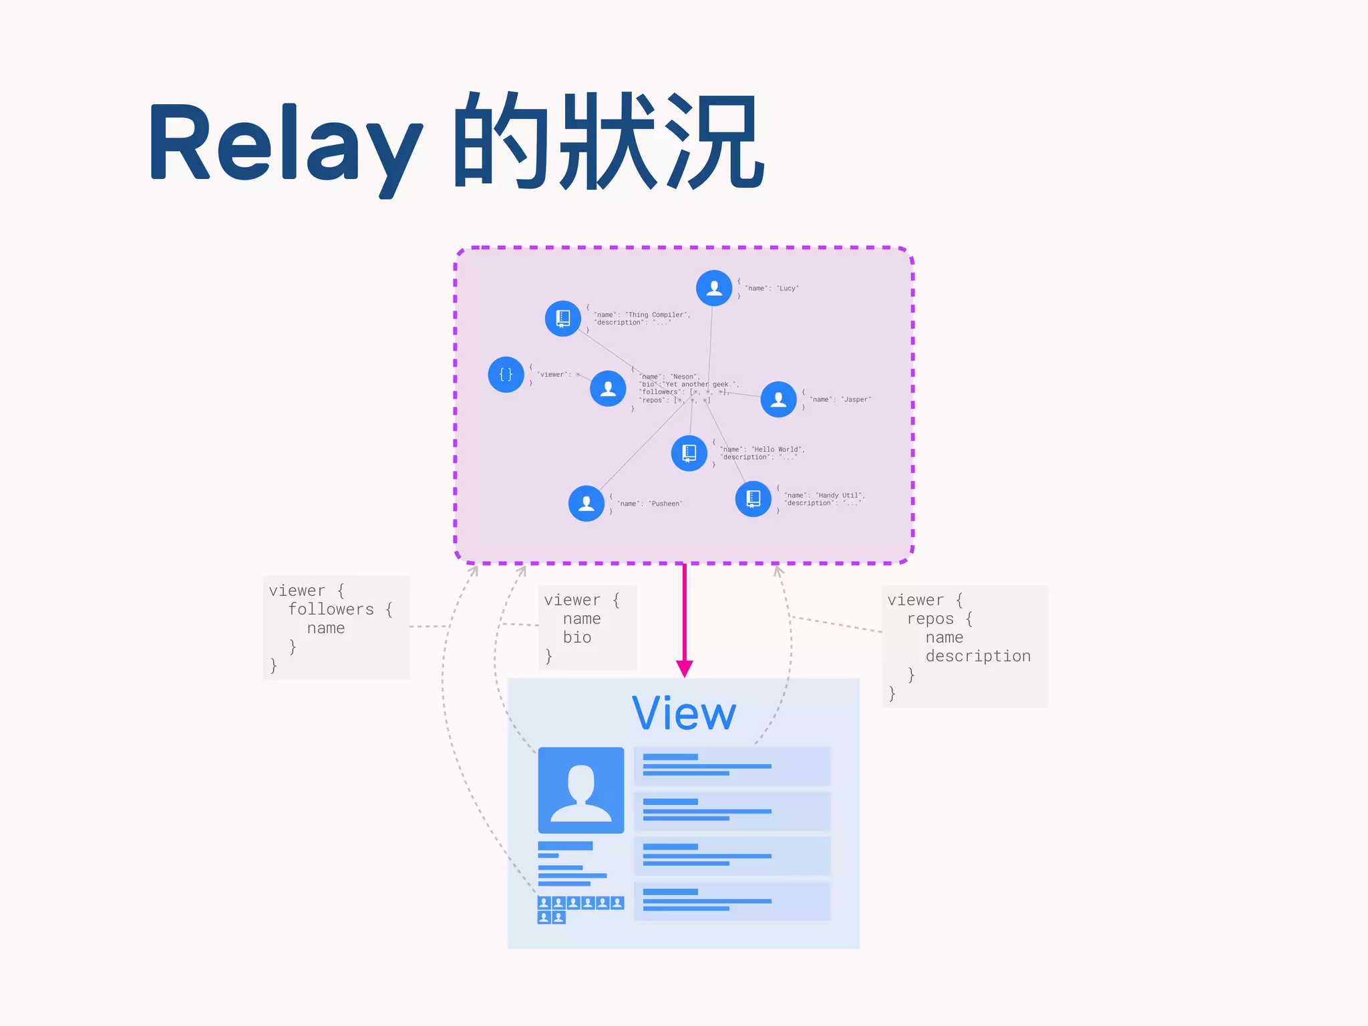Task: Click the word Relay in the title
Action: (x=284, y=144)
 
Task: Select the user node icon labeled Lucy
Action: (x=714, y=288)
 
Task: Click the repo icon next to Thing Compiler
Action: (x=563, y=319)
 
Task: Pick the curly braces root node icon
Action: (x=506, y=375)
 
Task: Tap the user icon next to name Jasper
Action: (x=778, y=399)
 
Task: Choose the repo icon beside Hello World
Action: (x=689, y=454)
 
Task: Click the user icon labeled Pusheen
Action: (x=586, y=504)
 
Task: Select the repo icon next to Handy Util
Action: (x=753, y=499)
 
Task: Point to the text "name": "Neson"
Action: (x=669, y=377)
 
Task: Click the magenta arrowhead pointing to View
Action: (x=684, y=669)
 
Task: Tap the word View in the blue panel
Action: (x=684, y=714)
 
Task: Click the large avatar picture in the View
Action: (x=581, y=790)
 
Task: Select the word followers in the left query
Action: (x=331, y=609)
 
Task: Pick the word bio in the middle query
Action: (x=576, y=637)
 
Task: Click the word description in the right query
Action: (x=978, y=656)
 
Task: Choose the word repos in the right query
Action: (x=930, y=619)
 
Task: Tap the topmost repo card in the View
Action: (x=731, y=766)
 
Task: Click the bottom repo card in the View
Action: (x=731, y=901)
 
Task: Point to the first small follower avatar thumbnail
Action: (x=544, y=903)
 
